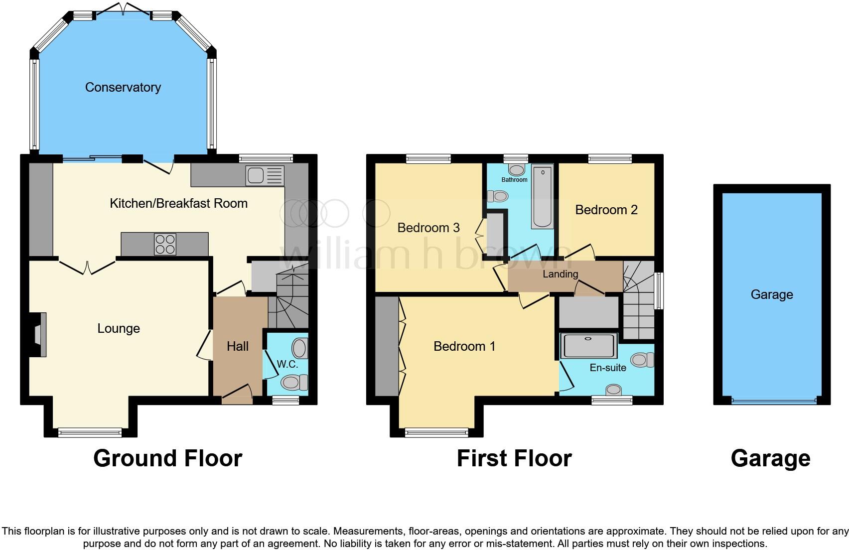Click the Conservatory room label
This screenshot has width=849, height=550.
[x=123, y=88]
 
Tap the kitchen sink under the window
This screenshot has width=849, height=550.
[x=265, y=176]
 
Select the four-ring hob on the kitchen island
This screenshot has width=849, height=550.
[x=165, y=244]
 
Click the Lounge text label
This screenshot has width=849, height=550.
[x=118, y=328]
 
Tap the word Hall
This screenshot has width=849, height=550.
[x=238, y=346]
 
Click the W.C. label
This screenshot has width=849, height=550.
[x=287, y=364]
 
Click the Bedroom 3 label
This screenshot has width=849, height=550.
[x=428, y=228]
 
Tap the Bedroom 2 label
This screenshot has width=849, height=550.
[x=606, y=210]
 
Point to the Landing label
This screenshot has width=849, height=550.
[x=560, y=274]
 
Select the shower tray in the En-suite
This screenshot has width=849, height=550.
[x=589, y=346]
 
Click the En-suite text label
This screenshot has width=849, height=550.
[x=608, y=368]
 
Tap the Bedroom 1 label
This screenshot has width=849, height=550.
[x=464, y=346]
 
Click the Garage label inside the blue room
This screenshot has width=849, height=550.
[x=771, y=294]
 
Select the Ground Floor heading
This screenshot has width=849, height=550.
[x=167, y=458]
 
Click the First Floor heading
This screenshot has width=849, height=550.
[x=514, y=458]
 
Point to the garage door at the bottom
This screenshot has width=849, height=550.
[x=774, y=400]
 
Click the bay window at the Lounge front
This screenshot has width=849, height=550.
[x=90, y=432]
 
